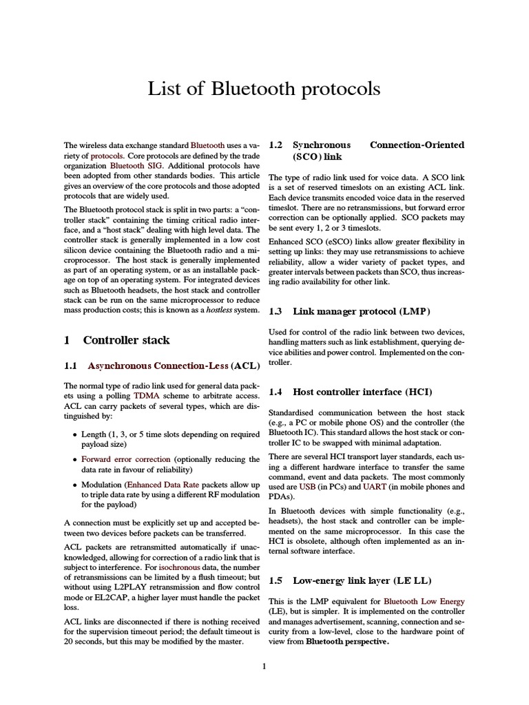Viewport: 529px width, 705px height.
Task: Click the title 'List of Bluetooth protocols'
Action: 264,89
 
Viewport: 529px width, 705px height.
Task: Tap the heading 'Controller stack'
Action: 126,340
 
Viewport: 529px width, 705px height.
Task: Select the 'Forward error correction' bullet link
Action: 126,459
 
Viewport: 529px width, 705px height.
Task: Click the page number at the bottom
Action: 264,666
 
